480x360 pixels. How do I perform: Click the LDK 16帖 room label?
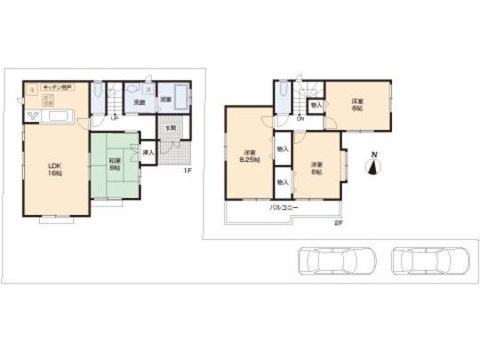54,167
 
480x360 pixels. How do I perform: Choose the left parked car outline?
324,261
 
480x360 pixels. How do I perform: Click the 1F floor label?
188,171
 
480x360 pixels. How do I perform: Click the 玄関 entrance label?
170,126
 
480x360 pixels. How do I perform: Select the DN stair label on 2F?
300,119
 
